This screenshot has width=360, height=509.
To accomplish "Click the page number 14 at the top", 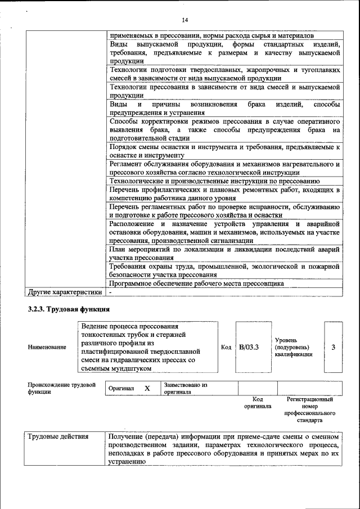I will click(184, 20).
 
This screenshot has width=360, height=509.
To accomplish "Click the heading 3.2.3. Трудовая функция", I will click(69, 309).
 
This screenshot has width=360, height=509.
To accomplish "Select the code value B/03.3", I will click(248, 347).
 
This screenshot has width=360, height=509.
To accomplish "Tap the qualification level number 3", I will click(333, 347).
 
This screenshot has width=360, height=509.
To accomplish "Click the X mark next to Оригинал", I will click(147, 389).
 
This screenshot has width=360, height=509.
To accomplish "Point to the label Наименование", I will click(47, 348).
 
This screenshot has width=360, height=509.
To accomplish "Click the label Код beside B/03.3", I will click(226, 347).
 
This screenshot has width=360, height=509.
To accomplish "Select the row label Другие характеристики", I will click(65, 292).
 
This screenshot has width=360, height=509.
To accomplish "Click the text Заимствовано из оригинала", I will click(186, 389).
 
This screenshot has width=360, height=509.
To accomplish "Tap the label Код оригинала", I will click(258, 402).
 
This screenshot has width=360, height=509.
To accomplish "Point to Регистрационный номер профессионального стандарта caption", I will click(309, 409).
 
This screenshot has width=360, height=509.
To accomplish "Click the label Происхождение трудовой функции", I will click(57, 389).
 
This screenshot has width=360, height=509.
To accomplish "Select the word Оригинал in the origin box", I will click(122, 389).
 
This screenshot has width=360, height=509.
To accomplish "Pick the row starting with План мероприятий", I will click(224, 253).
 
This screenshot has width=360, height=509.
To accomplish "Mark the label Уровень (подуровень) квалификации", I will click(295, 347).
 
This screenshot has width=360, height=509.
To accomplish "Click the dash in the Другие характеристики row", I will click(111, 292).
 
